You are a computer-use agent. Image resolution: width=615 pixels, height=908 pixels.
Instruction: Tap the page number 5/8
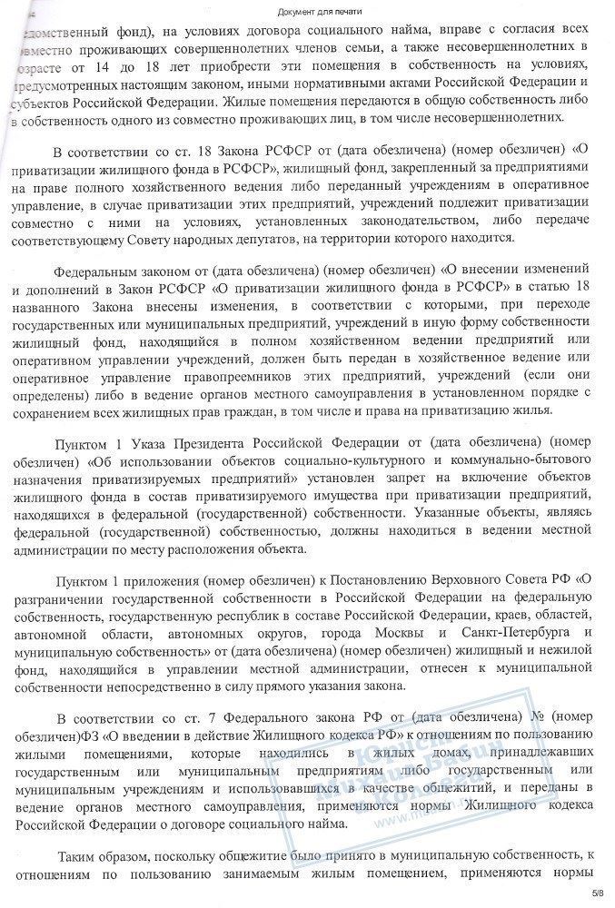tap(596, 893)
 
